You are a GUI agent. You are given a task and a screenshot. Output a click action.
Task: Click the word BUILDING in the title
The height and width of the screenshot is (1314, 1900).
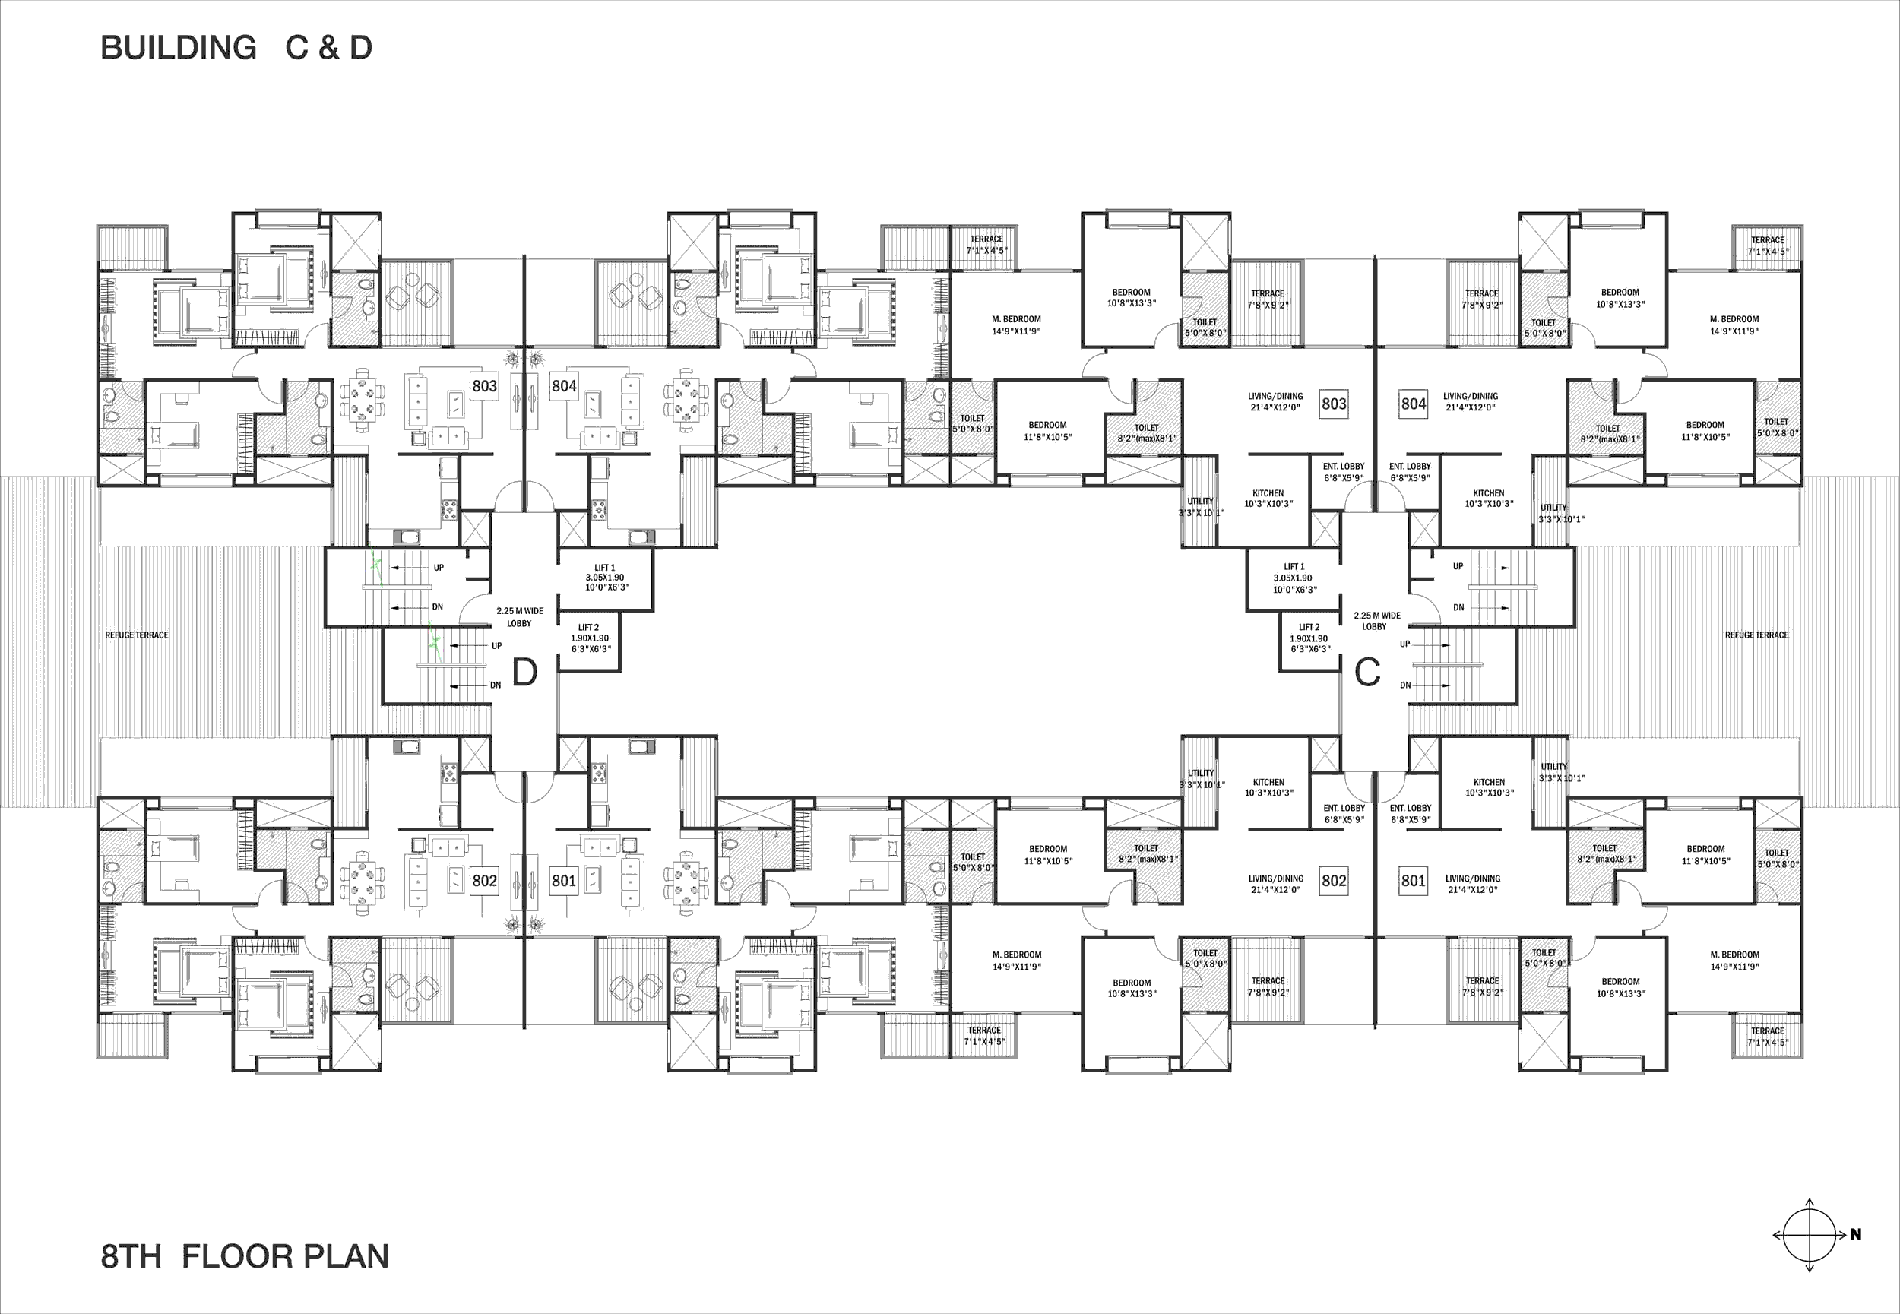(x=179, y=48)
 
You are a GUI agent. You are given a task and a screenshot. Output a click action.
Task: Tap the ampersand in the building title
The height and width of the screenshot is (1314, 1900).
(x=328, y=48)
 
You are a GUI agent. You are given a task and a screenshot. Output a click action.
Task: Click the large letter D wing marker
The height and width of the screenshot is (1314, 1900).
(x=524, y=673)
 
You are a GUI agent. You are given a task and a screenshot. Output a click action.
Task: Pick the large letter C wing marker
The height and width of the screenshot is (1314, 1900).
(x=1367, y=673)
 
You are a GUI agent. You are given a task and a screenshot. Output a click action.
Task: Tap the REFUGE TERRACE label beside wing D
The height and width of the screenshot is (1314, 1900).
(x=137, y=635)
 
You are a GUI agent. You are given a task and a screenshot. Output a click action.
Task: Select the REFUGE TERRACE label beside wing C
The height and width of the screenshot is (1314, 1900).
(x=1757, y=635)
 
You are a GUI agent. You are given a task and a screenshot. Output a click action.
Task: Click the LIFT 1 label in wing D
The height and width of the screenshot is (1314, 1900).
(x=605, y=567)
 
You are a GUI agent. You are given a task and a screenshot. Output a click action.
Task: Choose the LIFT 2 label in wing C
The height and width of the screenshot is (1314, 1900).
(x=1309, y=626)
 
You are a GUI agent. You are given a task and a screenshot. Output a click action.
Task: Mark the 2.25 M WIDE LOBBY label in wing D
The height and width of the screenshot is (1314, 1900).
(x=519, y=616)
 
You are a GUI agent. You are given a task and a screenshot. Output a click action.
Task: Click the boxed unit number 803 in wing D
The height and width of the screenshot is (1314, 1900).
(x=485, y=385)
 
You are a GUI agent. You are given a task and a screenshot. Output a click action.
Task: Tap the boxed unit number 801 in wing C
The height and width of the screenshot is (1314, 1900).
(x=1414, y=880)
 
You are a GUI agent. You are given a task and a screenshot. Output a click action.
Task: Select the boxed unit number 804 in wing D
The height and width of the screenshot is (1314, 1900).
(x=564, y=385)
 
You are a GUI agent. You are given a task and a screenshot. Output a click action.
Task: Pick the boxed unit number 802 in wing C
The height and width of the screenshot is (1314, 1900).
(x=1335, y=880)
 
